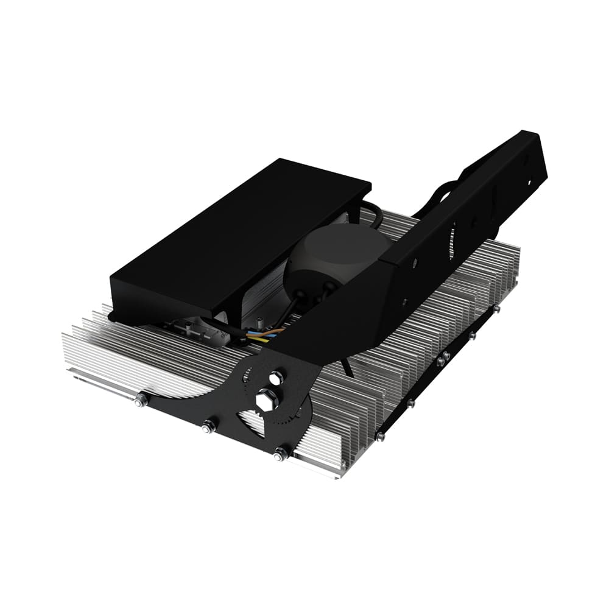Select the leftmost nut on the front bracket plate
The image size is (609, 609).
click(141, 400)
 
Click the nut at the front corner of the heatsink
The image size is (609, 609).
click(281, 454)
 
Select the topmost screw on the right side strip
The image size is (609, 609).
click(496, 310)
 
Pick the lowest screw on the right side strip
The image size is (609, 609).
click(380, 436)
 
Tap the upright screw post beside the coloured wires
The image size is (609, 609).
click(260, 321)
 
